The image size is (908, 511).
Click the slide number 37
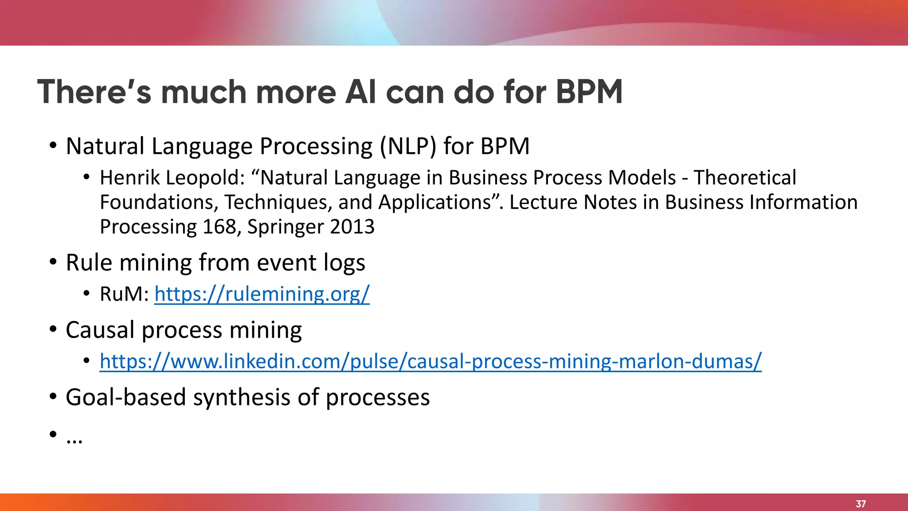(x=861, y=504)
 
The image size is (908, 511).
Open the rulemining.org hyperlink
(x=262, y=294)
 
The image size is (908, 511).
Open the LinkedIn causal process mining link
(x=430, y=361)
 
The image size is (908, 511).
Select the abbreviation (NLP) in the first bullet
(x=408, y=146)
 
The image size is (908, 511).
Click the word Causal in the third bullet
(x=100, y=330)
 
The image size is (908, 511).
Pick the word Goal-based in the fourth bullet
(x=125, y=397)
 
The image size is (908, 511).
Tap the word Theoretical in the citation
(x=745, y=178)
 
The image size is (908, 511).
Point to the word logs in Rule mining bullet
(x=344, y=263)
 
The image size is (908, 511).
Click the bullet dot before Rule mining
(x=53, y=262)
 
